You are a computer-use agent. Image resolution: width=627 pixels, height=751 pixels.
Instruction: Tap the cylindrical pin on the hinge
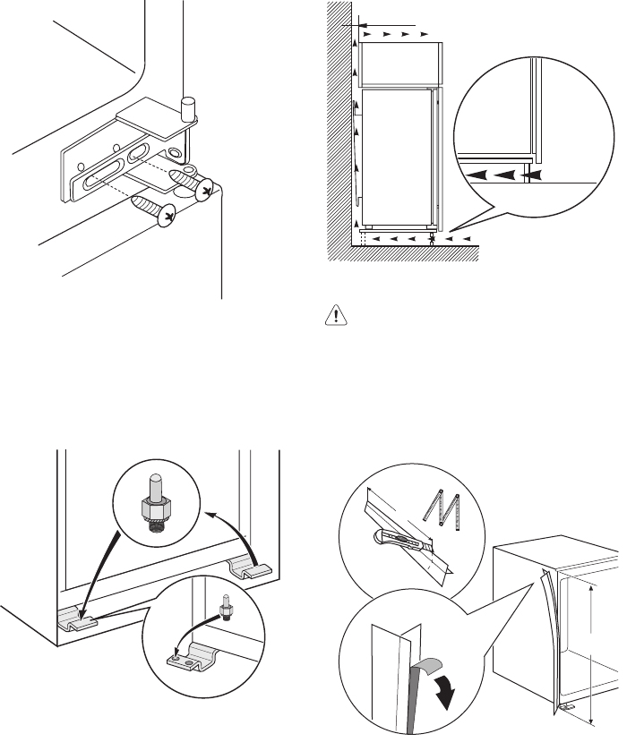(188, 108)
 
